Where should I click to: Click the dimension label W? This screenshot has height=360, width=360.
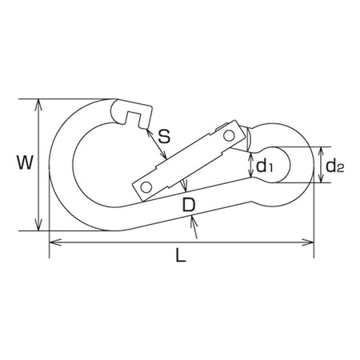[x=25, y=162]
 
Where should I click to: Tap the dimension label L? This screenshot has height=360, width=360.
[x=181, y=254]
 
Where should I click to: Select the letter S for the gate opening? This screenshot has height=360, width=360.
[x=164, y=136]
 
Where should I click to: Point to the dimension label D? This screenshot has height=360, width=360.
[x=189, y=205]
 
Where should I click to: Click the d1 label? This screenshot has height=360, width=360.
[x=264, y=166]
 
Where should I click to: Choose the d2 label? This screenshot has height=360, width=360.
[x=334, y=166]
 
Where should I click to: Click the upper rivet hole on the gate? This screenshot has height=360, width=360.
[x=229, y=136]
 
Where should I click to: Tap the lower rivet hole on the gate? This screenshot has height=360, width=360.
[x=146, y=187]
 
